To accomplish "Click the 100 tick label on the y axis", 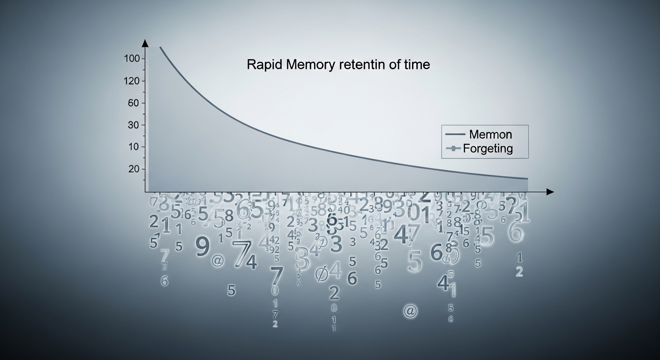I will tap(132, 59).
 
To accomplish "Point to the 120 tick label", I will tap(132, 81).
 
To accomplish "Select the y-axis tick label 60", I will tap(134, 103).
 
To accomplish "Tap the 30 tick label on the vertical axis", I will tap(134, 125).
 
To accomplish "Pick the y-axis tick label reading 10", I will tap(134, 147).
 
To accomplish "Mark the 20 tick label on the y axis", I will tap(134, 169).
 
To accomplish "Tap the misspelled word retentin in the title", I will tap(362, 65).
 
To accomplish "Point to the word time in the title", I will tap(417, 65).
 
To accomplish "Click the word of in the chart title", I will tap(395, 65).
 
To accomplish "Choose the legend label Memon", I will tap(490, 135).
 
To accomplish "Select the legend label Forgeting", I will tap(487, 149).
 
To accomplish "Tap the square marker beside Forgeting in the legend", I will tap(453, 149).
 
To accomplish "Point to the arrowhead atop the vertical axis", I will tap(145, 43).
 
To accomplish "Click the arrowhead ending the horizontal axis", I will tap(550, 192).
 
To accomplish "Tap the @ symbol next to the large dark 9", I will tap(217, 261).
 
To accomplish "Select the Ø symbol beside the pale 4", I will tap(322, 273).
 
